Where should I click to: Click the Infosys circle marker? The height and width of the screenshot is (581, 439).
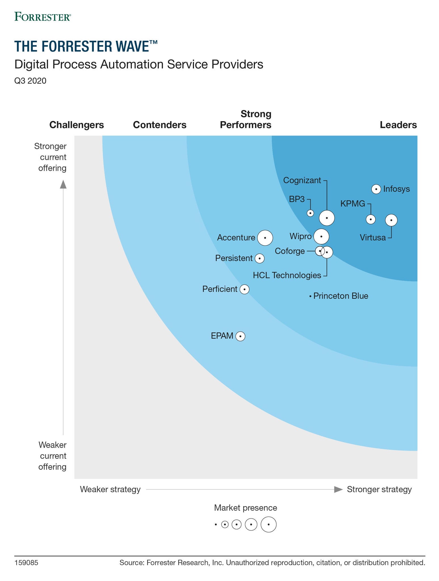[x=376, y=189]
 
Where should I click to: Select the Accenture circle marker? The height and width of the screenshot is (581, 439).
[x=265, y=238]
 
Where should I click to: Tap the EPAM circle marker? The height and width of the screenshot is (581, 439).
[x=240, y=336]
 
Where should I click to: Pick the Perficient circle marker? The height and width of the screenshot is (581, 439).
[x=244, y=289]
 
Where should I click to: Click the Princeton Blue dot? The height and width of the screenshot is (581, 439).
[x=310, y=296]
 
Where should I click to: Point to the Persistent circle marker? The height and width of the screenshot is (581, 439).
[x=259, y=258]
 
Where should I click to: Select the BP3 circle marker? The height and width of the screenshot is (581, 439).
[x=311, y=213]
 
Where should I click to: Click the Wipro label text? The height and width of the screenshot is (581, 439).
[x=300, y=236]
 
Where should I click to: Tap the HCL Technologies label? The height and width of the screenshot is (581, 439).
[x=287, y=275]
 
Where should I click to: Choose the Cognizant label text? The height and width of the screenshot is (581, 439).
[x=302, y=180]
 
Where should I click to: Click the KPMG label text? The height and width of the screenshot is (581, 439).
[x=353, y=203]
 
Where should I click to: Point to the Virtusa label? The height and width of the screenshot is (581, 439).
[x=373, y=237]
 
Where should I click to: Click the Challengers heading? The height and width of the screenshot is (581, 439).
[x=77, y=125]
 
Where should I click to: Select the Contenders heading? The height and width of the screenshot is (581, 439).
[x=160, y=125]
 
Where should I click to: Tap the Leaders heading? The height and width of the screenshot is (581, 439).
[x=398, y=125]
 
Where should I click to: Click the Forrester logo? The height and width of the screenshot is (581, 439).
[x=43, y=17]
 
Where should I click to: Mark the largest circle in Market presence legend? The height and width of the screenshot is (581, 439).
[x=268, y=524]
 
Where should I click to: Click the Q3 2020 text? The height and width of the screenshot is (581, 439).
[x=30, y=81]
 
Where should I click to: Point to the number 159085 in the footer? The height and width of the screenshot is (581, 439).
[x=26, y=563]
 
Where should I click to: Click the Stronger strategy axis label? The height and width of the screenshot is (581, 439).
[x=379, y=489]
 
